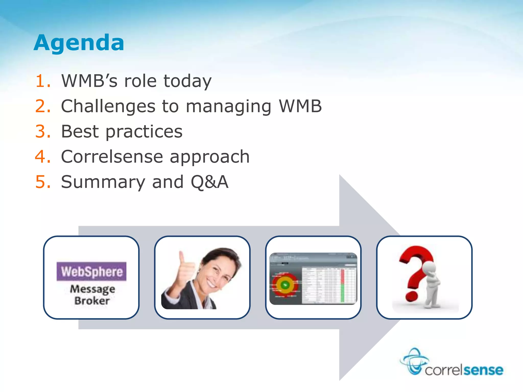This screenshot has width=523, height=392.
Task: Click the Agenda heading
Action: tap(79, 43)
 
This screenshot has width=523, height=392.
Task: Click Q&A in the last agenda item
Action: tap(209, 182)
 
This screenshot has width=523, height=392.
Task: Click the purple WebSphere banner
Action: tap(91, 271)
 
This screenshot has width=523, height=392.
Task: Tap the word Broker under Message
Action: tap(92, 301)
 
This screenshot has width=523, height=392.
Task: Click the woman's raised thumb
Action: tap(182, 258)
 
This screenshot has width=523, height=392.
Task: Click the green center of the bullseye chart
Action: tap(285, 285)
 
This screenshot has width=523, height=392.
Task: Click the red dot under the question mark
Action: tap(411, 296)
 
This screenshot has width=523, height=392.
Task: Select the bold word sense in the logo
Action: tap(483, 370)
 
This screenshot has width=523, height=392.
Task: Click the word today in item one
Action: tap(187, 81)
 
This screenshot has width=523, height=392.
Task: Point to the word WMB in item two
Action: tap(300, 106)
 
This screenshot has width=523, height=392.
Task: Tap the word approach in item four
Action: tap(209, 157)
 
